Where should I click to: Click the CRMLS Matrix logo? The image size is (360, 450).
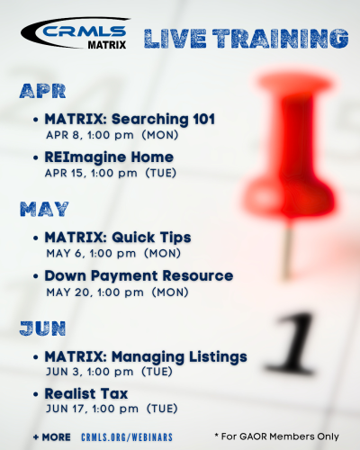[76, 33]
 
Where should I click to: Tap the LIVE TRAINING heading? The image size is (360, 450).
[246, 39]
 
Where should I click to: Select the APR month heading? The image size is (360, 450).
[42, 91]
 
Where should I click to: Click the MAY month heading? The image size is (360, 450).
[44, 209]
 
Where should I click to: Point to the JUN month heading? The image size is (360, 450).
[42, 328]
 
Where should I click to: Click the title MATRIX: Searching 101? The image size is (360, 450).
[130, 119]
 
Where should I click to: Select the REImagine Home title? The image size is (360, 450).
[109, 157]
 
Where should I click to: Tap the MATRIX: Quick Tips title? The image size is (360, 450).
[118, 238]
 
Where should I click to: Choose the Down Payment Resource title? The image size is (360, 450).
[139, 276]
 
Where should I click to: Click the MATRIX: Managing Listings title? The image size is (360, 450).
[146, 357]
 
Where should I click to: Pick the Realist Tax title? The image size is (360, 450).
[86, 394]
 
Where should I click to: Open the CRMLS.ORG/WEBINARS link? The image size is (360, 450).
[127, 437]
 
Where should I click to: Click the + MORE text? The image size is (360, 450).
[52, 437]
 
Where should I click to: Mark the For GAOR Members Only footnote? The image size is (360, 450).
[276, 436]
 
